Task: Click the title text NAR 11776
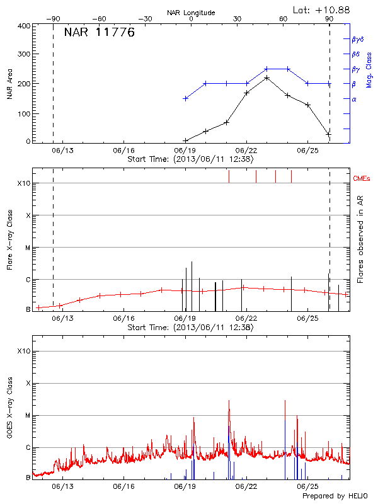point(100,33)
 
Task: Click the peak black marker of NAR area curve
point(267,77)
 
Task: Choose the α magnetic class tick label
point(354,99)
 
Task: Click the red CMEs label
point(362,180)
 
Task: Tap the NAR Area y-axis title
point(9,84)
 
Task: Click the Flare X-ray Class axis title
point(9,239)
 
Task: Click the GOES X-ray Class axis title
point(9,406)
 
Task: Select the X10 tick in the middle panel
point(25,183)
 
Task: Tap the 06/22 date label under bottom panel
point(246,486)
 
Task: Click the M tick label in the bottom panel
point(28,415)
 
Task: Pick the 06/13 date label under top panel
point(62,151)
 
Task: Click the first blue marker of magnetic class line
point(185,98)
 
